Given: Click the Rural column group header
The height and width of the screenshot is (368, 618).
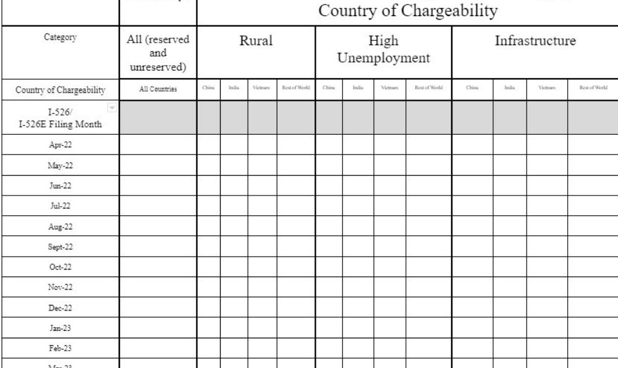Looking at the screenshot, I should point(256,42).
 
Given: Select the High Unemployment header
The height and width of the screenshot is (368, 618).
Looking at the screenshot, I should point(384,50).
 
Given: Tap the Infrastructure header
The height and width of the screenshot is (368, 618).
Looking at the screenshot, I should point(535,42).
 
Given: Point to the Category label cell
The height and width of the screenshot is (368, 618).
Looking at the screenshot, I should point(60,37).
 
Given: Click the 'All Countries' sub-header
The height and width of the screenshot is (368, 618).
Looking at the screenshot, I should point(158,88).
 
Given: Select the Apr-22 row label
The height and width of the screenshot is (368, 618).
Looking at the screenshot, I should point(60,144).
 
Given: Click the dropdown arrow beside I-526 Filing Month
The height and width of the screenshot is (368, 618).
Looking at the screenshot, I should point(111,108).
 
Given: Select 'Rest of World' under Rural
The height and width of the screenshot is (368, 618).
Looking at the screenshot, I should point(296,88).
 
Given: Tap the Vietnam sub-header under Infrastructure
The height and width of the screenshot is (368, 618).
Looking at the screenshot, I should point(547,88).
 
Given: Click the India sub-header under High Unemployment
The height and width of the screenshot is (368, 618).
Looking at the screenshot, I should point(358,88).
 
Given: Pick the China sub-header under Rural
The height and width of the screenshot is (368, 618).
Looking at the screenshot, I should point(208,88).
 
